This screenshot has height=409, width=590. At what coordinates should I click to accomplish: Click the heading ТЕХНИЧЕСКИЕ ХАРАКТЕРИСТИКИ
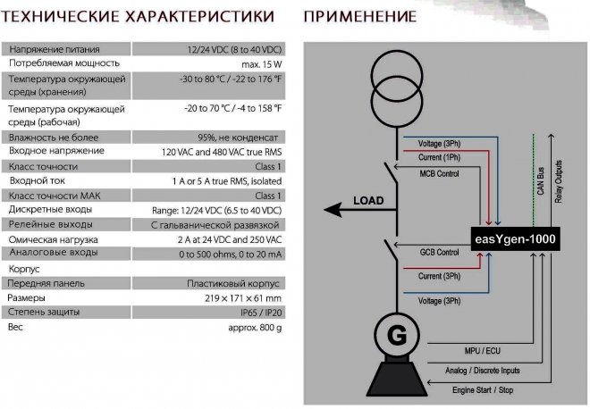[138, 17]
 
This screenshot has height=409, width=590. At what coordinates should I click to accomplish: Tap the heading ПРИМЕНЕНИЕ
[360, 17]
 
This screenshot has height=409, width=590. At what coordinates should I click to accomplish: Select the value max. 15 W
[262, 64]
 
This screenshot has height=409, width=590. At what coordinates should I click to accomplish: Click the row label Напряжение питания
[55, 49]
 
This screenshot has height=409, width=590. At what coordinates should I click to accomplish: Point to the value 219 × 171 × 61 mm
[243, 298]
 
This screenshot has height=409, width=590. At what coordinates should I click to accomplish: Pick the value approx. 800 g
[255, 328]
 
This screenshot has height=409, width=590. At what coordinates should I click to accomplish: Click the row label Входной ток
[38, 180]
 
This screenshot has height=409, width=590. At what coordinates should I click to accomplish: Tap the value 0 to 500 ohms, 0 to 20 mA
[231, 255]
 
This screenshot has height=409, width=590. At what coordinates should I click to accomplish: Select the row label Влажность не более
[54, 138]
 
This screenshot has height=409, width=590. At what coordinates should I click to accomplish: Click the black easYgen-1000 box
[516, 238]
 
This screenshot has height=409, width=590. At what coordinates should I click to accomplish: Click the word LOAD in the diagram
[368, 200]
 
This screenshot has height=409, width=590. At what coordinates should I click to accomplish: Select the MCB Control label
[439, 173]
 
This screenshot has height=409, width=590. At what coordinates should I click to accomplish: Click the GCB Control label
[439, 252]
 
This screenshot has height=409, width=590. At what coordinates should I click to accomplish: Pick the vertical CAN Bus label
[541, 181]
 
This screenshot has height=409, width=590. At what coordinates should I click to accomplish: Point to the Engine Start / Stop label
[483, 390]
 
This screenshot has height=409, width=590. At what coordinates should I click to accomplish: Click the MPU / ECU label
[483, 351]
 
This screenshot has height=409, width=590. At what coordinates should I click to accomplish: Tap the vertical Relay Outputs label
[559, 181]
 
